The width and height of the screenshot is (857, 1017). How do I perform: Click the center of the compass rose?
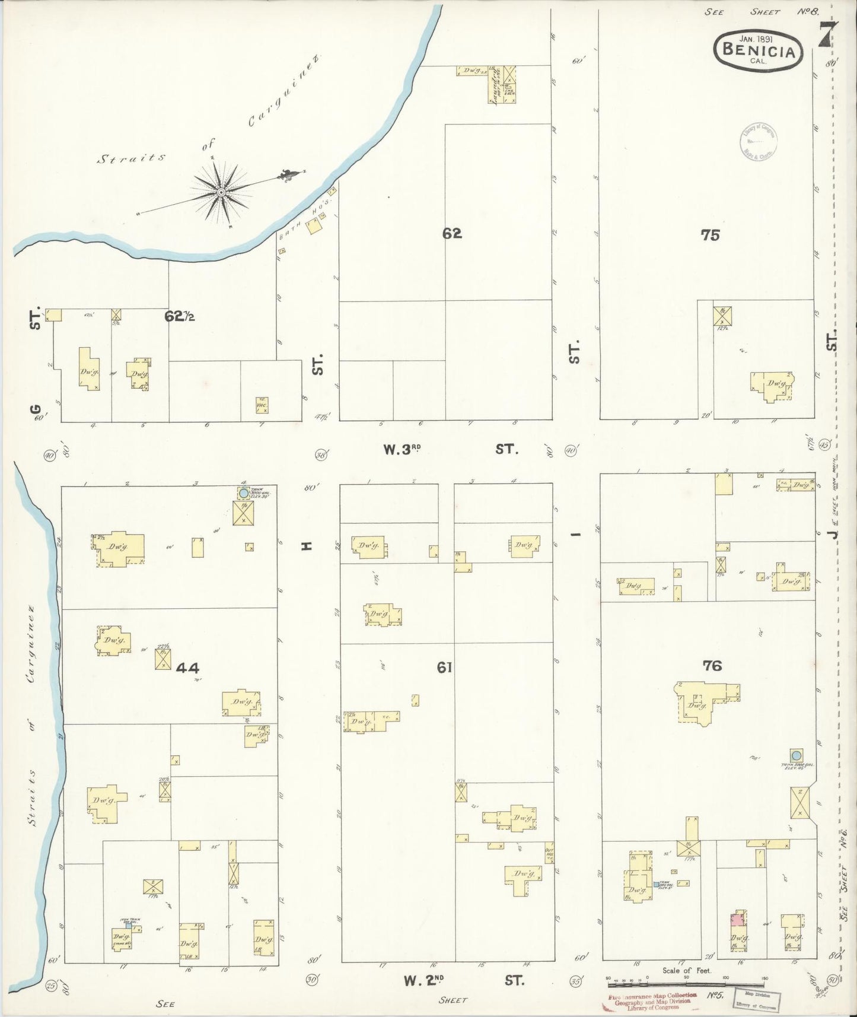click(221, 192)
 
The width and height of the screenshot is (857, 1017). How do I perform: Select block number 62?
click(451, 234)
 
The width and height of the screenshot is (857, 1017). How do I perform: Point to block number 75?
click(710, 235)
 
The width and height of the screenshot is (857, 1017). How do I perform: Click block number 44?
click(187, 668)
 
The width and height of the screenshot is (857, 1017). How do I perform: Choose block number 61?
click(445, 668)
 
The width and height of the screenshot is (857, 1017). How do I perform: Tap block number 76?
click(712, 666)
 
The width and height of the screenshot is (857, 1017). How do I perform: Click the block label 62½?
click(180, 317)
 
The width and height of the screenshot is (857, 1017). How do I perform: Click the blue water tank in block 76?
click(797, 755)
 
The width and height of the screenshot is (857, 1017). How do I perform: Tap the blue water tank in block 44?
click(243, 492)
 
